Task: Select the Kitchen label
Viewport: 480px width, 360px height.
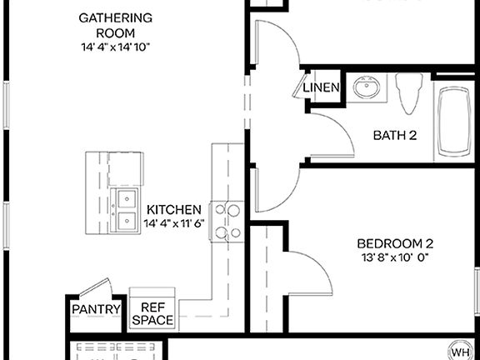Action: coord(173,210)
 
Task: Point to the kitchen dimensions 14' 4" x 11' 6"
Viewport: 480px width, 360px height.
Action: coord(173,223)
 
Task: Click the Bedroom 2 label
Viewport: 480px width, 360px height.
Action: coord(395,243)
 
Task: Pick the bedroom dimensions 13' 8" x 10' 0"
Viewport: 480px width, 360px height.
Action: coord(395,257)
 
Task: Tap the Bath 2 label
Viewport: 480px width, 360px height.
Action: coord(394,134)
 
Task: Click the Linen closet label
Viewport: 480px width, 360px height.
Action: coord(321,87)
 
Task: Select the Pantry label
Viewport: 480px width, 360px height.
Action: coord(96,309)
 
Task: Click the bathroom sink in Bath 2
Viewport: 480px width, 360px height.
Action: coord(365,87)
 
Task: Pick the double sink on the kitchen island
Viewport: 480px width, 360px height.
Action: coord(127,209)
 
